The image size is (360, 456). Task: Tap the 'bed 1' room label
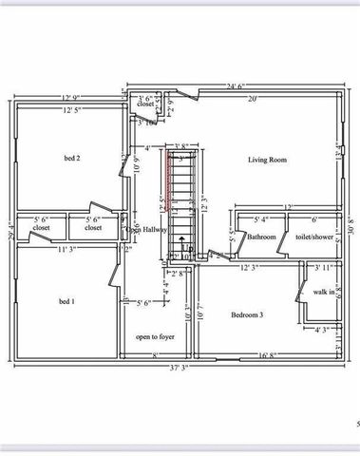(x=66, y=302)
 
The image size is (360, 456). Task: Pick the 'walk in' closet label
(x=324, y=292)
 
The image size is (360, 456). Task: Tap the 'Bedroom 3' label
(x=247, y=314)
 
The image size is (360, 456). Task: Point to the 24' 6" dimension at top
(x=235, y=86)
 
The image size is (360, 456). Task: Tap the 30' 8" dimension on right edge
(x=352, y=228)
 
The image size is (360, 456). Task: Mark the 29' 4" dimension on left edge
(x=9, y=231)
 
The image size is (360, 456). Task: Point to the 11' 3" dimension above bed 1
(x=65, y=250)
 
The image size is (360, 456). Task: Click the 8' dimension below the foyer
(x=156, y=356)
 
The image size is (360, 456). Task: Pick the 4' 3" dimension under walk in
(x=323, y=331)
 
